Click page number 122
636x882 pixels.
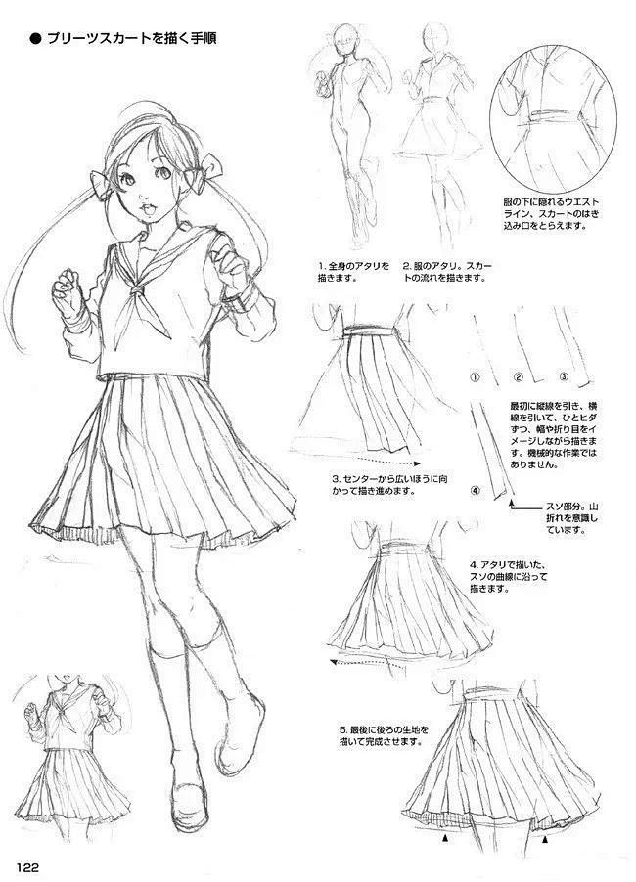click(x=27, y=866)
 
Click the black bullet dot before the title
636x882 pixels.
click(x=35, y=39)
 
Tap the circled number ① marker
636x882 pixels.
click(x=475, y=376)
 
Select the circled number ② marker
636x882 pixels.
click(x=519, y=376)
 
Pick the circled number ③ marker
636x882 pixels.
click(x=564, y=376)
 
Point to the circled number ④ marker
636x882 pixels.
click(x=476, y=491)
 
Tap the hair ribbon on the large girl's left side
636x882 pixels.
click(x=102, y=185)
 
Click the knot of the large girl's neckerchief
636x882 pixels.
click(x=137, y=290)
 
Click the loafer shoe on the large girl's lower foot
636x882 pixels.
click(x=190, y=794)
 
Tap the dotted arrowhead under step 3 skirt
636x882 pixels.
click(x=418, y=463)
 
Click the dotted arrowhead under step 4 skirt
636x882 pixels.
click(x=334, y=662)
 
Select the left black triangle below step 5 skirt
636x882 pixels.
click(x=445, y=839)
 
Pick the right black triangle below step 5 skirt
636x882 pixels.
click(x=544, y=840)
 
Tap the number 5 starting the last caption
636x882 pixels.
click(x=342, y=730)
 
